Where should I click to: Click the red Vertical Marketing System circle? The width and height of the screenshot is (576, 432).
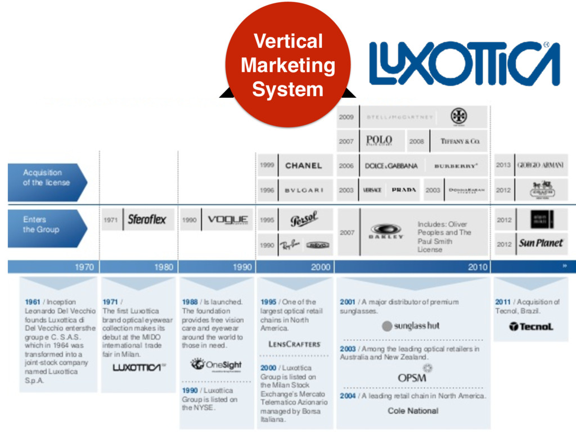click(287, 65)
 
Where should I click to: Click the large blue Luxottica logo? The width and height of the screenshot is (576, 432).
click(464, 64)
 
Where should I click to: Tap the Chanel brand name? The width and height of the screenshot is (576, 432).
click(303, 165)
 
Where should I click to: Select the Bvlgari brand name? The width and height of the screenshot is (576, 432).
click(304, 190)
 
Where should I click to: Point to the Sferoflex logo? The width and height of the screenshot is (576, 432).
click(147, 220)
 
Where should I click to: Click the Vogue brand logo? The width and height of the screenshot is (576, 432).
click(228, 220)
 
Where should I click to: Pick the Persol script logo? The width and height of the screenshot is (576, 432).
click(304, 219)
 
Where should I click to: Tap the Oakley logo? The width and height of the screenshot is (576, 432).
click(386, 232)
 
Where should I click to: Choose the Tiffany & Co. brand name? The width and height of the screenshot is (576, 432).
click(460, 141)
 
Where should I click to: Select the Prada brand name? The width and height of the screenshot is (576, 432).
click(404, 190)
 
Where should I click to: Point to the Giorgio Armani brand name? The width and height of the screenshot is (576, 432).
click(540, 165)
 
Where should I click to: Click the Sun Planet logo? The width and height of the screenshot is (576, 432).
click(541, 244)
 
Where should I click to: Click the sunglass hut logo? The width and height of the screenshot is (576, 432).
click(411, 326)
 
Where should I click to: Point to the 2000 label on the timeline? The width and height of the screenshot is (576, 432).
click(320, 267)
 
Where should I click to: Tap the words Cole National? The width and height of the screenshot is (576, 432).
click(413, 411)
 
